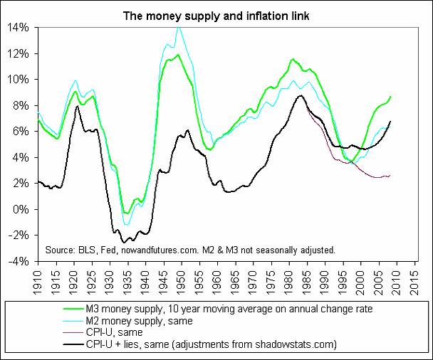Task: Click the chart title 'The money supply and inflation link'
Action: coord(216,14)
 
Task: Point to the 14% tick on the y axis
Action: coord(19,27)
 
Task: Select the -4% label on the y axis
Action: coord(19,261)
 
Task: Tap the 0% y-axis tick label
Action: coord(21,209)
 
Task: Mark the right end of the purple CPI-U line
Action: coord(390,175)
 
